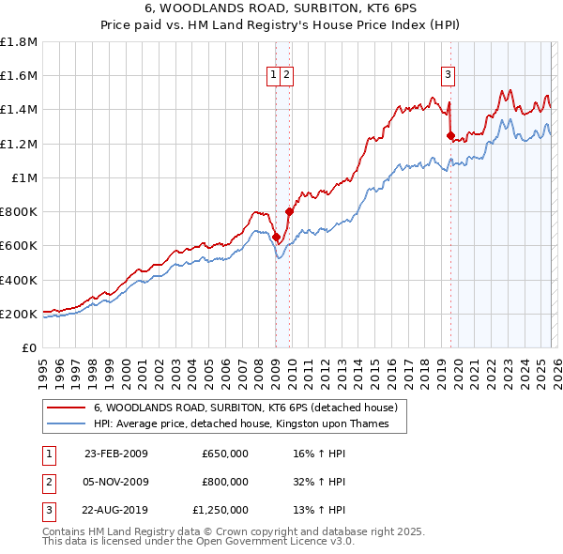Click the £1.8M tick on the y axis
[x=18, y=42]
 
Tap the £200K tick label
[x=19, y=314]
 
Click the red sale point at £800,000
[x=288, y=212]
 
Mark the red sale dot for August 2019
[x=450, y=136]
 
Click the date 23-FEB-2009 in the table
[x=116, y=454]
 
